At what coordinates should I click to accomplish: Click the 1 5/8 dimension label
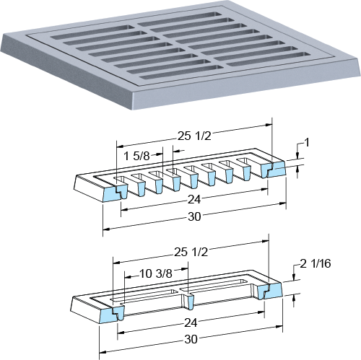(136, 157)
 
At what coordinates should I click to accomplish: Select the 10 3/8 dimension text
(156, 273)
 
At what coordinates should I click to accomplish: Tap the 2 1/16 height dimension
(316, 263)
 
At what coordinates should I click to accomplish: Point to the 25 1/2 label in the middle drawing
(194, 136)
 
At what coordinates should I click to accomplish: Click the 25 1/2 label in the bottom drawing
(191, 253)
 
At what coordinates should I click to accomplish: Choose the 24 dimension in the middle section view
(194, 200)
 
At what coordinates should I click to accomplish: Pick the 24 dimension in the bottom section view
(191, 322)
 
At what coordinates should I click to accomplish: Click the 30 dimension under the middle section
(194, 216)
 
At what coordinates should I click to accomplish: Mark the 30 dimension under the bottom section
(191, 339)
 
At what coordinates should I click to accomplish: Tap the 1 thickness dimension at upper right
(307, 143)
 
